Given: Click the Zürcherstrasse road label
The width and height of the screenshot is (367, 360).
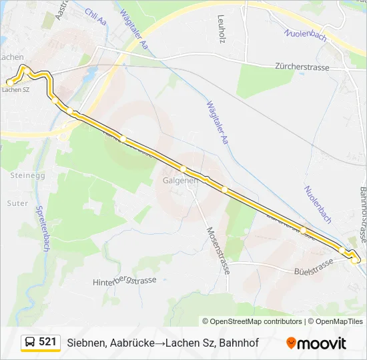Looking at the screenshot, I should (303, 67).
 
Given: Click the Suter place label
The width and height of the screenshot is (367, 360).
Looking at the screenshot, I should (17, 203).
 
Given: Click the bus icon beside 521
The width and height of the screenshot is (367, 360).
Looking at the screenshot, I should (30, 343).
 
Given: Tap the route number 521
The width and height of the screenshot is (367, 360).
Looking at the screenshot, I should (47, 342).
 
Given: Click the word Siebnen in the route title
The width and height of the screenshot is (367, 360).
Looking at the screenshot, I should (87, 343).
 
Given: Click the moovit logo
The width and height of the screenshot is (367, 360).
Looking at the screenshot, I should (316, 343).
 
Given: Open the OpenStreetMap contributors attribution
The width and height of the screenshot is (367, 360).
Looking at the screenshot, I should (256, 321).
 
